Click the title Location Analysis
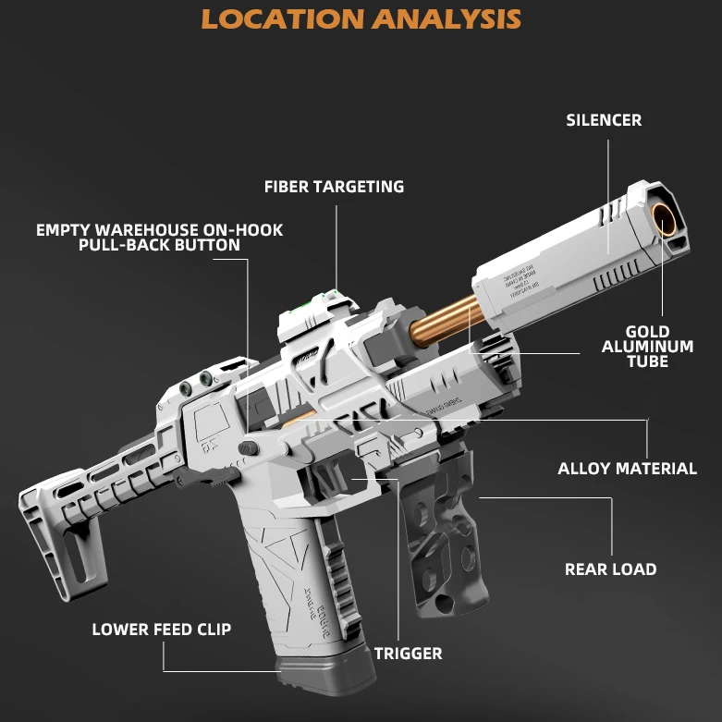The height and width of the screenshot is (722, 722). (361, 18)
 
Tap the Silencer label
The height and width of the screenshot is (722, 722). (604, 120)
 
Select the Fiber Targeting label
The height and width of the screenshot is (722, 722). (334, 187)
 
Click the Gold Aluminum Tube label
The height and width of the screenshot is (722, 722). (647, 347)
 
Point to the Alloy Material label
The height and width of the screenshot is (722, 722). (627, 469)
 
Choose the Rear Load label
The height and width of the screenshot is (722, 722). (610, 569)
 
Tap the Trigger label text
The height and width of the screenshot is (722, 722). (408, 654)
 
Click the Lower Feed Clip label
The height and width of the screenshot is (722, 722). (161, 630)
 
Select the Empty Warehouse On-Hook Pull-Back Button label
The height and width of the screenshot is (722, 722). (159, 238)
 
